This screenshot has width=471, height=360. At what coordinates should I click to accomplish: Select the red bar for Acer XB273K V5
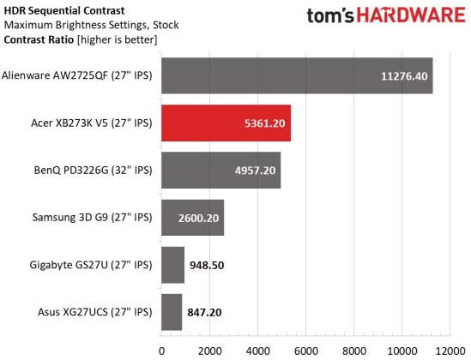tap(226, 123)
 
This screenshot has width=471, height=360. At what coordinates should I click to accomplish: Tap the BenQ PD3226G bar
tap(220, 170)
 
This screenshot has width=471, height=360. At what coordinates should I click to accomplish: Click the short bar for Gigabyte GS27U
tap(172, 264)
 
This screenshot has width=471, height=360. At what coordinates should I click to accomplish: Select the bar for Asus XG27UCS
tap(172, 311)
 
